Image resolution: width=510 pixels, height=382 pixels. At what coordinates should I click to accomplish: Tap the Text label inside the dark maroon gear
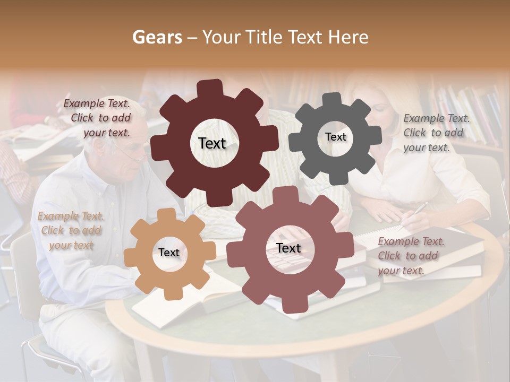tap(212, 143)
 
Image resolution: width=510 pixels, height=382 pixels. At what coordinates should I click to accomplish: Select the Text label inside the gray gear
tap(335, 137)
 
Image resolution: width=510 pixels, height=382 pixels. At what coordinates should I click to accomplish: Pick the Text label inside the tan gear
tap(169, 253)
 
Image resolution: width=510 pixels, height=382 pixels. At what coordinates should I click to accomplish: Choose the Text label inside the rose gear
tap(288, 248)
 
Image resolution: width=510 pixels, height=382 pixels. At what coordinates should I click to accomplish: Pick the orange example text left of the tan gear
tap(71, 230)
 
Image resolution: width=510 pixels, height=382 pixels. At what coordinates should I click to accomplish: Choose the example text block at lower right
tap(410, 256)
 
